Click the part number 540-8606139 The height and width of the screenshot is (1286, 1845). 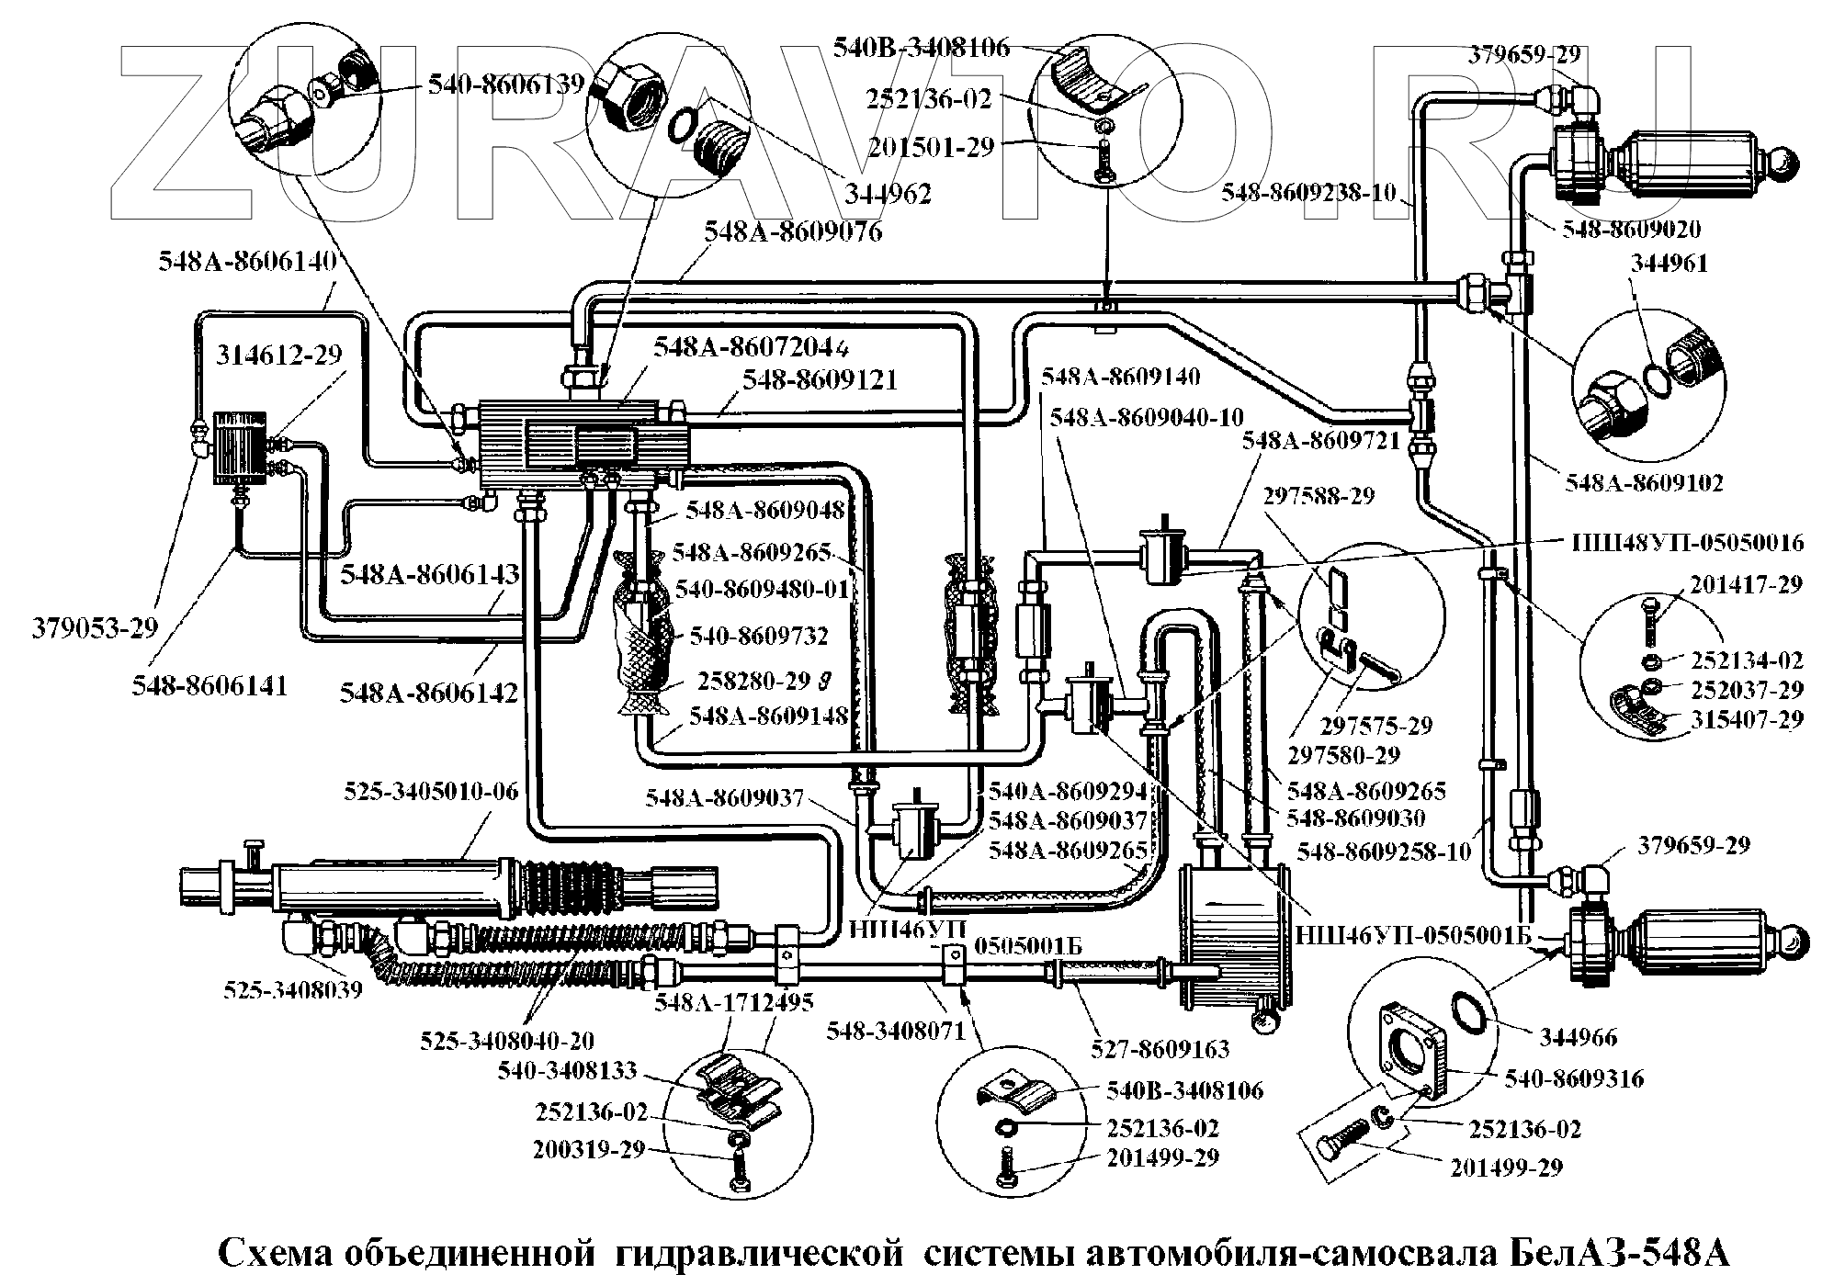(506, 85)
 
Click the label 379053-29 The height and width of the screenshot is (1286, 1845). (95, 628)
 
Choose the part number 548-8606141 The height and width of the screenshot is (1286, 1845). (209, 685)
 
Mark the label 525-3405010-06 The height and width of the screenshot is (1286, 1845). (431, 791)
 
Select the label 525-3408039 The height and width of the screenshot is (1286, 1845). (293, 989)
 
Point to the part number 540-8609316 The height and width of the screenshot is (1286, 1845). (1574, 1078)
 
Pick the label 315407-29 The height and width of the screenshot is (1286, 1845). (1747, 718)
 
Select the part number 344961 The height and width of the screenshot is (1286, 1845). (1669, 264)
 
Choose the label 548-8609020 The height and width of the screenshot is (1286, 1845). (1631, 229)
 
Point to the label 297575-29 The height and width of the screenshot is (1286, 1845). (1376, 726)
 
